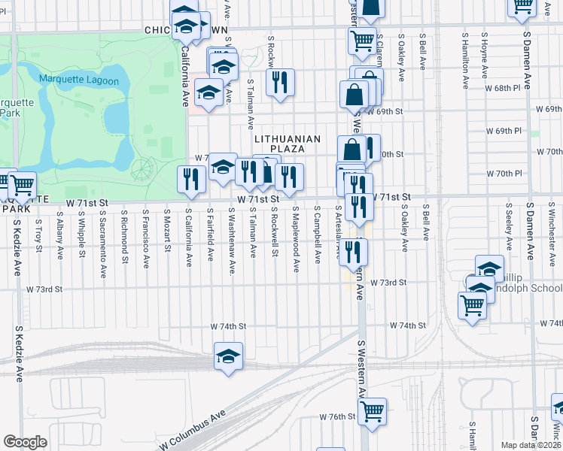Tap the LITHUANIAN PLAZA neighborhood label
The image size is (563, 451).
288,144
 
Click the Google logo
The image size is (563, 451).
25,442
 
